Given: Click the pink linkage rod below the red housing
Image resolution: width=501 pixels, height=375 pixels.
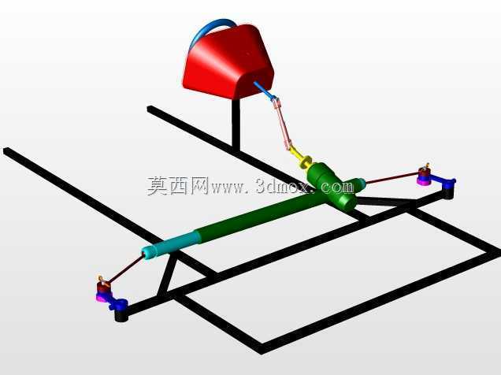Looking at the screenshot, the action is [283, 124].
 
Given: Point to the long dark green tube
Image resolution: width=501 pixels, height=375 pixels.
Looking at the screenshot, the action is [255, 217].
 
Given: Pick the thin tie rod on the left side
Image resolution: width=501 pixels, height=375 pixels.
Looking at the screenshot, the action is [124, 269].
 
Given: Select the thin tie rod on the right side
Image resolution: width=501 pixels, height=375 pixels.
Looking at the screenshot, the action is [392, 178].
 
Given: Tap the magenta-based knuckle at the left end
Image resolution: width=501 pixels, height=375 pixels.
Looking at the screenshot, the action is [102, 288].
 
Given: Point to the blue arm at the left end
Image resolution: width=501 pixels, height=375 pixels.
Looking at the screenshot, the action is [117, 303].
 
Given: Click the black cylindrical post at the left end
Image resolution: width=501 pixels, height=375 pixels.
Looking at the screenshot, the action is [121, 314].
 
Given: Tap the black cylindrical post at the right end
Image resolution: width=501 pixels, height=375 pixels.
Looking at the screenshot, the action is [448, 192].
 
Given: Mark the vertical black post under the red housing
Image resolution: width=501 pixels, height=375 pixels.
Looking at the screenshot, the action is [236, 124].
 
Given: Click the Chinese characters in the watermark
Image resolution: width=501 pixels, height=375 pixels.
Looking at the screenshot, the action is [178, 186].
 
